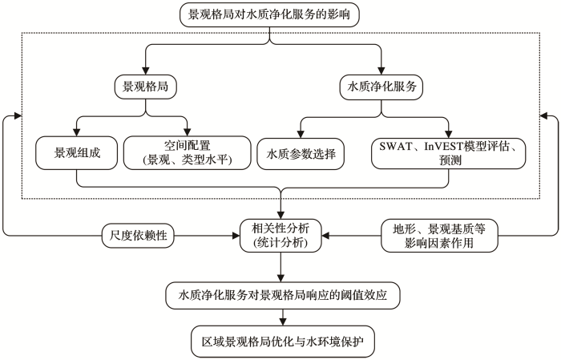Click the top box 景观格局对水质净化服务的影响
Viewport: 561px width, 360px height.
pos(269,14)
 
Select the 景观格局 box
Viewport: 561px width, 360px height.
pos(146,87)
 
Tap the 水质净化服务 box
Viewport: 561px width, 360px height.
pos(381,87)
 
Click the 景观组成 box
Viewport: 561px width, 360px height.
pos(77,153)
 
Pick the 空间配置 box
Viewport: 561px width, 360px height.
pos(187,153)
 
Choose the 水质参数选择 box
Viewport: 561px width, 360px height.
pos(301,154)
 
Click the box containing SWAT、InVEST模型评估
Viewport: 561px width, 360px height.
pos(449,153)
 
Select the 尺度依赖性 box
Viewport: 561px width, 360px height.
pos(138,236)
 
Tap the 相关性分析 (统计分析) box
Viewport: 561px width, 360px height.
pos(280,236)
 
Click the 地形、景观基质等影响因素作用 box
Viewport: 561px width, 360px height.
pos(439,236)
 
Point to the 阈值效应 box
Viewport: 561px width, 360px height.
pos(283,296)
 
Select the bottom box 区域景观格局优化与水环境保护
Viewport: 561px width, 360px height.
pos(283,342)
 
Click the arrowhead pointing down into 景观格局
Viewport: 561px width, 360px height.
pos(146,71)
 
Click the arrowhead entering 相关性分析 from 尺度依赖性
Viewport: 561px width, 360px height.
pos(236,236)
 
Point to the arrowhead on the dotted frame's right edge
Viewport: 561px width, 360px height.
pos(544,115)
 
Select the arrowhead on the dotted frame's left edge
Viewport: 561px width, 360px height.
pos(17,115)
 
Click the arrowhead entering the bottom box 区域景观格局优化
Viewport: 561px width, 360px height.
pos(283,322)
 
